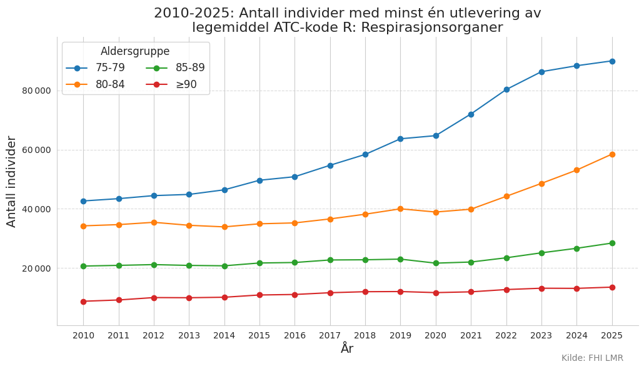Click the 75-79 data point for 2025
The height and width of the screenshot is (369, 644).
tap(612, 61)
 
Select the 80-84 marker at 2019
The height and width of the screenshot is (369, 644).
tap(400, 209)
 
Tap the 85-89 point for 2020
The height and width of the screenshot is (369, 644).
tap(436, 263)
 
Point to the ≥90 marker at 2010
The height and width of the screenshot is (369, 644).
tap(83, 302)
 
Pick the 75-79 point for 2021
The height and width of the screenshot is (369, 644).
tap(471, 114)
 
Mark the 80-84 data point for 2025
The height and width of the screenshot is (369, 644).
tap(612, 155)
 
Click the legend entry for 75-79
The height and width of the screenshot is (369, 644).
tap(95, 67)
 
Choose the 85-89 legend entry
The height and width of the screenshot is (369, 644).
tap(175, 67)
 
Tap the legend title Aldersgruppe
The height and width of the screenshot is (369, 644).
tap(135, 51)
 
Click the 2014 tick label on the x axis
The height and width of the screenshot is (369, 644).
tap(224, 335)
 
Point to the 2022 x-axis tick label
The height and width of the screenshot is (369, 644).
tap(506, 335)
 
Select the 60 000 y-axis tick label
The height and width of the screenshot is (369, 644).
tap(36, 150)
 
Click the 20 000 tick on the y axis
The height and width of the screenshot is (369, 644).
tap(36, 268)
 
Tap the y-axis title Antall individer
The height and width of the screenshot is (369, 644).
tap(11, 182)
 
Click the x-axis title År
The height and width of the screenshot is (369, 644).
tap(347, 348)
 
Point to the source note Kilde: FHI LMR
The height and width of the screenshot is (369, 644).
tap(592, 358)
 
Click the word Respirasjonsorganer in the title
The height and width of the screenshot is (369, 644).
tap(432, 27)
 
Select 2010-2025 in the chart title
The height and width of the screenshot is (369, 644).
tap(193, 13)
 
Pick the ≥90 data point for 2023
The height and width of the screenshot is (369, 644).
tap(541, 288)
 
